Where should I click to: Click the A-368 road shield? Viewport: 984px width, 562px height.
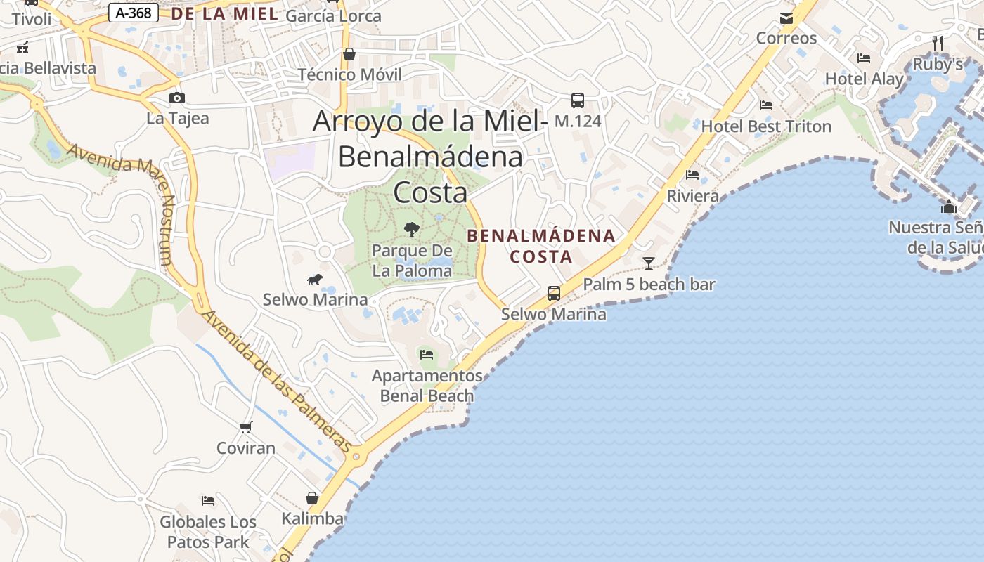(x=134, y=13)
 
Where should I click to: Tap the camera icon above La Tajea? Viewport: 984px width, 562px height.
(x=177, y=98)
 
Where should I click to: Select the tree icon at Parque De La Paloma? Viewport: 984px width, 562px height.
(x=412, y=229)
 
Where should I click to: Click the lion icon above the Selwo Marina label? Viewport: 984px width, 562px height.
(x=315, y=280)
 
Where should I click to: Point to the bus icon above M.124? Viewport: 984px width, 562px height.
(x=578, y=100)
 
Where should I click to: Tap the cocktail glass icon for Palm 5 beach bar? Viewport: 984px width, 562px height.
(x=649, y=263)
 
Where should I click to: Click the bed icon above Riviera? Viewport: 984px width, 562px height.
(x=692, y=175)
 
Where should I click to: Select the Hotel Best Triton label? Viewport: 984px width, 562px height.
(x=766, y=127)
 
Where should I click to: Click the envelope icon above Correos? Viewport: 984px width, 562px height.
(x=786, y=18)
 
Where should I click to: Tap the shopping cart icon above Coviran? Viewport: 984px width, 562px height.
(x=245, y=427)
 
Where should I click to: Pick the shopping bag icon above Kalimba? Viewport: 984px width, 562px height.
(x=312, y=498)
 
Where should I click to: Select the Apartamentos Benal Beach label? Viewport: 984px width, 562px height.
(x=427, y=386)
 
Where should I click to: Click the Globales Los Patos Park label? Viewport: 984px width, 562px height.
(x=208, y=532)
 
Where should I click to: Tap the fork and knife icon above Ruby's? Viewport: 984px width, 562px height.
(x=936, y=43)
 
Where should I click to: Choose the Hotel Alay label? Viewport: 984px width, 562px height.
(x=864, y=79)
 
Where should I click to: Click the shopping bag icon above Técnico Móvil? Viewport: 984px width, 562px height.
(x=349, y=54)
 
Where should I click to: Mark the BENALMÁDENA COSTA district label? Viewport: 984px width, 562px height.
(x=541, y=246)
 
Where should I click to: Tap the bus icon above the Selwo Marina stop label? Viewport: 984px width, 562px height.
(x=554, y=293)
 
